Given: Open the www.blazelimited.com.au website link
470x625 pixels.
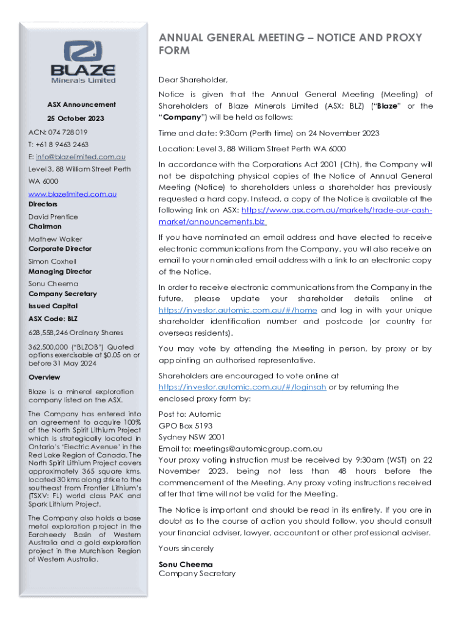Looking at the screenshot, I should tap(73, 193).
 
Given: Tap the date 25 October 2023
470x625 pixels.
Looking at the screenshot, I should tap(76, 118).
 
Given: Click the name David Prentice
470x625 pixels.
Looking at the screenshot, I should tap(53, 217).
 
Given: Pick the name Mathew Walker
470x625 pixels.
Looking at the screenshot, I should tap(56, 239).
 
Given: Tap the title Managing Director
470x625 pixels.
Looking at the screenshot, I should tap(60, 272).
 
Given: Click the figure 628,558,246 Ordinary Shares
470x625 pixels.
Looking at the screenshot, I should tap(76, 333).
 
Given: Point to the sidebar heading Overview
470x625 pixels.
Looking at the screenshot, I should tap(45, 377).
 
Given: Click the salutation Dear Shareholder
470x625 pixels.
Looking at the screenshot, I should tap(193, 80).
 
